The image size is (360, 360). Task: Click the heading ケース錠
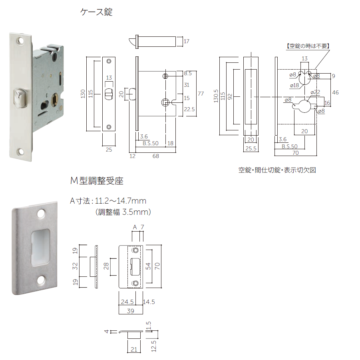pos(96,12)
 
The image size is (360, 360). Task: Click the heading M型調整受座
pos(97,181)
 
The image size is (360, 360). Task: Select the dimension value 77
pos(201,94)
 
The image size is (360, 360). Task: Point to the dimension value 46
pos(335,92)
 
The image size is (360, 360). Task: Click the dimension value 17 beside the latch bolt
pos(187,41)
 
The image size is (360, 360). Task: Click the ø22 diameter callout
pos(316,92)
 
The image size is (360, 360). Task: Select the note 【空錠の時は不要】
pos(308,46)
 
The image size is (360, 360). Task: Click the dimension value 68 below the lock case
pos(156,156)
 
